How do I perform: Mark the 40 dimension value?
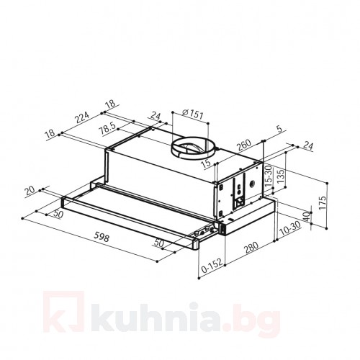(x=306, y=216)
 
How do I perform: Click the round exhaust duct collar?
(x=192, y=149)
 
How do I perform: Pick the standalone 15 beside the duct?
(x=206, y=165)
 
